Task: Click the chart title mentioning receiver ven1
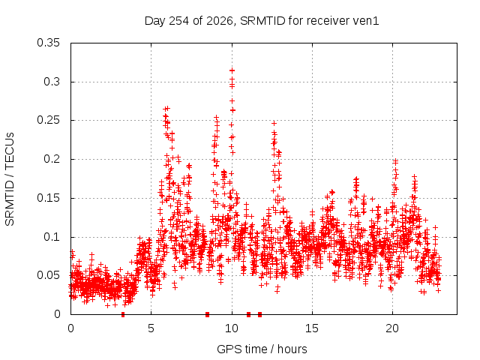(x=262, y=21)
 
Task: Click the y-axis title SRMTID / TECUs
(x=10, y=179)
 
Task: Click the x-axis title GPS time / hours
(x=262, y=349)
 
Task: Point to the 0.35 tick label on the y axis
(x=48, y=43)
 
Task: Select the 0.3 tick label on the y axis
(x=52, y=82)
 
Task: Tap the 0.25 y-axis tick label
(x=48, y=120)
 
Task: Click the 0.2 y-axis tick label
(x=52, y=159)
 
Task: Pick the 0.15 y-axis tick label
(x=48, y=198)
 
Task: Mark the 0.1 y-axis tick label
(x=52, y=237)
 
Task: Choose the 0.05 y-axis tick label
(x=48, y=275)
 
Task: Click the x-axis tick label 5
(x=151, y=328)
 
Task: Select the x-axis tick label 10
(x=232, y=328)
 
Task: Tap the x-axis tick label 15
(x=312, y=328)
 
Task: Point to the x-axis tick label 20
(x=392, y=328)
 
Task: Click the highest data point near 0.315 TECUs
(x=232, y=70)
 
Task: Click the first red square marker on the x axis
(x=123, y=314)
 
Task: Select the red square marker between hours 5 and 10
(x=207, y=314)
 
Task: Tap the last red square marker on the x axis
(x=260, y=314)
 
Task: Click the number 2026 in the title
(x=220, y=21)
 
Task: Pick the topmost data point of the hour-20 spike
(x=395, y=161)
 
